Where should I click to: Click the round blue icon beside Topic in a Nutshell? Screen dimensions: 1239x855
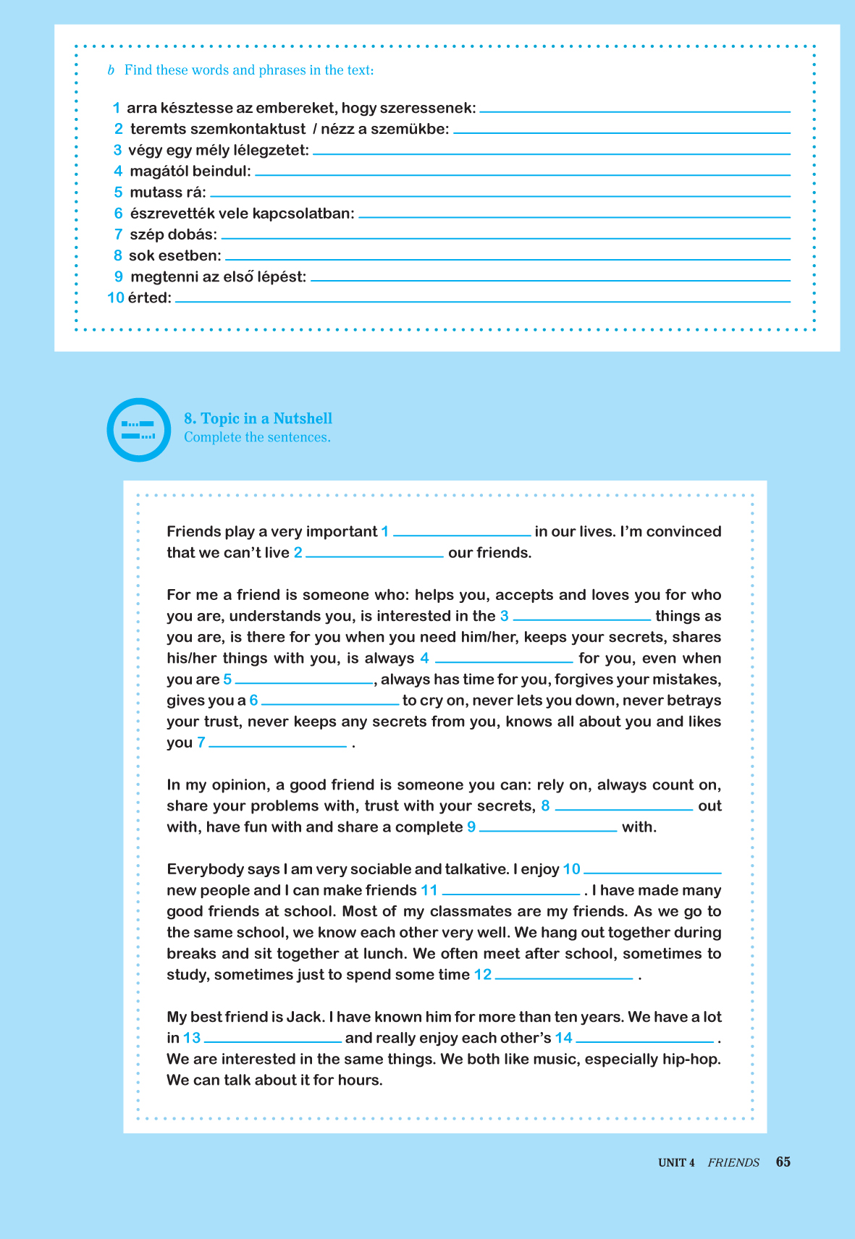[139, 430]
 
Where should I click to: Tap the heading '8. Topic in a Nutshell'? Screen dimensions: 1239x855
[258, 418]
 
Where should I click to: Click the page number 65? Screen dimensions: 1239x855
[783, 1162]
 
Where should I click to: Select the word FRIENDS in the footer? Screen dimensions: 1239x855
[733, 1162]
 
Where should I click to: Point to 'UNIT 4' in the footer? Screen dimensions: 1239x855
[676, 1162]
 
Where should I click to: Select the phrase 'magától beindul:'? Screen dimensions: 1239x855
[190, 172]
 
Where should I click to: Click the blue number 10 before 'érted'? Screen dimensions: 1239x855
[116, 297]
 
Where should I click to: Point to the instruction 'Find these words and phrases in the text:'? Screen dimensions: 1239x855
[249, 70]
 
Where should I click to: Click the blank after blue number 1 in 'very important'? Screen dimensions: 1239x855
[462, 532]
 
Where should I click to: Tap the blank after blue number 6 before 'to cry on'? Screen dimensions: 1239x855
[330, 701]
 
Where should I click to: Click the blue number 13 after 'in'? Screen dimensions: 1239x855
[192, 1038]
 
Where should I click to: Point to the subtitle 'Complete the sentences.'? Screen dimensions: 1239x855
[257, 437]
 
